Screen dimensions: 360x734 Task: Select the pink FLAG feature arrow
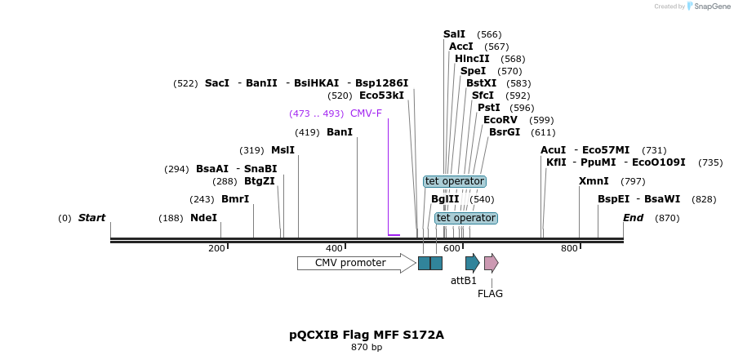tap(491, 263)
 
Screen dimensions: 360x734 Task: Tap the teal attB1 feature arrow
tap(472, 263)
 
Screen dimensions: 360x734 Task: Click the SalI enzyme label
tap(454, 34)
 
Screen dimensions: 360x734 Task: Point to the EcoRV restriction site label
tap(500, 120)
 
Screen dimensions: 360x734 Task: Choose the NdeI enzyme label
tap(203, 218)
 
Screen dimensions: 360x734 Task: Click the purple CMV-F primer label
tap(366, 113)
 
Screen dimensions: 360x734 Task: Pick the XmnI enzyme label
tap(594, 181)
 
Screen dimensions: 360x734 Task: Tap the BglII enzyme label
tap(445, 199)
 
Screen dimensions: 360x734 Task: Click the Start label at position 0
tap(91, 218)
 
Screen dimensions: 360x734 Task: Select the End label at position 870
tap(634, 218)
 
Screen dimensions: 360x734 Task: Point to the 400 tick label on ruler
tap(334, 248)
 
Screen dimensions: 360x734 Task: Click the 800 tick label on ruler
tap(569, 248)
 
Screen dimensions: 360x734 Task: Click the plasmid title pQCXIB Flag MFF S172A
tap(367, 335)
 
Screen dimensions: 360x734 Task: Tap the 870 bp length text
tap(367, 348)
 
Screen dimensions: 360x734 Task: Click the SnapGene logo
tap(709, 7)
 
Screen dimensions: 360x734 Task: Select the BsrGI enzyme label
tap(505, 132)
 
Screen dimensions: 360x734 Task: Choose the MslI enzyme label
tap(282, 150)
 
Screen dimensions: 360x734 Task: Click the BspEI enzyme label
tap(613, 199)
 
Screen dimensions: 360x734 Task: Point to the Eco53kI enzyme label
tap(381, 96)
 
